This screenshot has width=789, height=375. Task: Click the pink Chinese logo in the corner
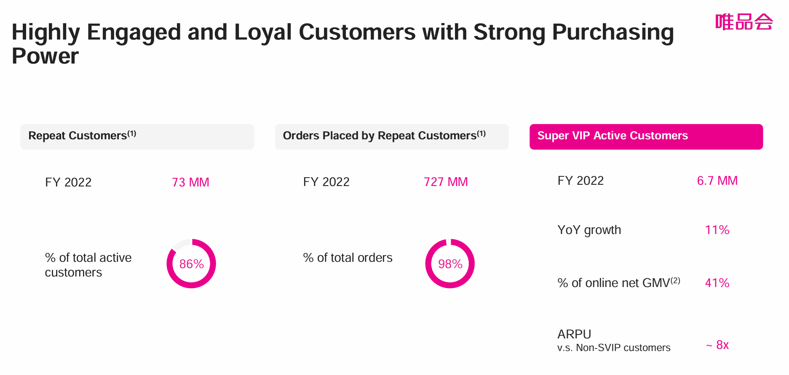tap(744, 22)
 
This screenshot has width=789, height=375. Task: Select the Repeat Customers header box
tap(137, 136)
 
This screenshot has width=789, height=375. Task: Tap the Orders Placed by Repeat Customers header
tap(391, 136)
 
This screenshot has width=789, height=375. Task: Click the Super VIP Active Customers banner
tap(646, 136)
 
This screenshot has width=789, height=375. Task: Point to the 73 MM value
tap(190, 182)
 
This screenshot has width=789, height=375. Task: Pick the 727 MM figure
tap(446, 182)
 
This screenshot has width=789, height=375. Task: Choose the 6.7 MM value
tap(717, 181)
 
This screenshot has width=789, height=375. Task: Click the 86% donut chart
tap(191, 264)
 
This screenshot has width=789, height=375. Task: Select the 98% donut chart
tap(450, 264)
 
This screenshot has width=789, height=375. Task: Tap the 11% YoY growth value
tap(717, 230)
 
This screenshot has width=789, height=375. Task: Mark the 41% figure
tap(717, 283)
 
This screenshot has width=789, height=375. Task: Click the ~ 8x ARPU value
tap(718, 345)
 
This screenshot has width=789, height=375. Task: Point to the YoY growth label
tap(589, 230)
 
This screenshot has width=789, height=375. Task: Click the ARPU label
tap(574, 334)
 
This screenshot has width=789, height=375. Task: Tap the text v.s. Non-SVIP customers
tap(614, 348)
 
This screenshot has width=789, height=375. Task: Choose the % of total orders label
tap(348, 258)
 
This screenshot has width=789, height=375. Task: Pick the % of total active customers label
tap(88, 265)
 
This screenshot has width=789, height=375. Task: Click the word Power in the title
tap(45, 56)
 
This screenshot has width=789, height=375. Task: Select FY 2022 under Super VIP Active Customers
tap(580, 181)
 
